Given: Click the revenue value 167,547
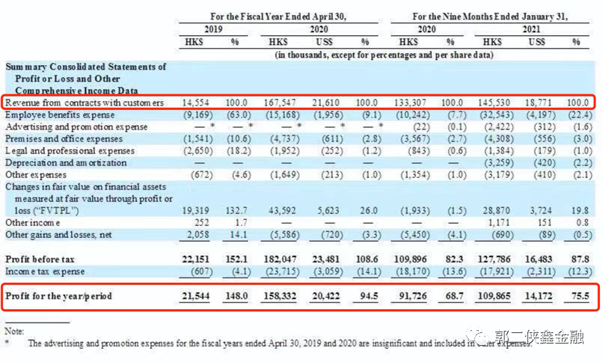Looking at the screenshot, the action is [x=280, y=103].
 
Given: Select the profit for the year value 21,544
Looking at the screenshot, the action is [x=196, y=296].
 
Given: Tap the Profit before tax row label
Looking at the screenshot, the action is [x=40, y=259].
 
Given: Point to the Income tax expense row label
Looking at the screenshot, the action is [x=45, y=272].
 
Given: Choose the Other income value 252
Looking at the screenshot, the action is [x=201, y=222].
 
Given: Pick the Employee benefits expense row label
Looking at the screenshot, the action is [x=60, y=115].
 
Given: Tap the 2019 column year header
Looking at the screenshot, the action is [x=213, y=29].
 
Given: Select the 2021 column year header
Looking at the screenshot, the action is [x=531, y=29].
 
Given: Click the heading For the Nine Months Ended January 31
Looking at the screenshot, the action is [x=490, y=16].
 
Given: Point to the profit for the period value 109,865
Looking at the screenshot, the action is [x=494, y=296].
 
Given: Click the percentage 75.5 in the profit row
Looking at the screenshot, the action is [x=581, y=296].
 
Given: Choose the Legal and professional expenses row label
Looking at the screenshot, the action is [x=70, y=150].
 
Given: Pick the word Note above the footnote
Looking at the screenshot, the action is [x=14, y=331].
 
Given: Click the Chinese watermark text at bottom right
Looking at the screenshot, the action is [x=539, y=338].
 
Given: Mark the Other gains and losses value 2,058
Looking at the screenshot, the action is [x=198, y=234].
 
